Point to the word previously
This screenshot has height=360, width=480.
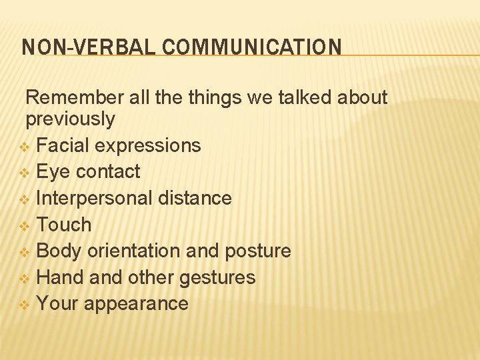(x=70, y=119)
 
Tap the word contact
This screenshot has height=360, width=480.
(x=108, y=171)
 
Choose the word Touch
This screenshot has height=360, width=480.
(x=63, y=225)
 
